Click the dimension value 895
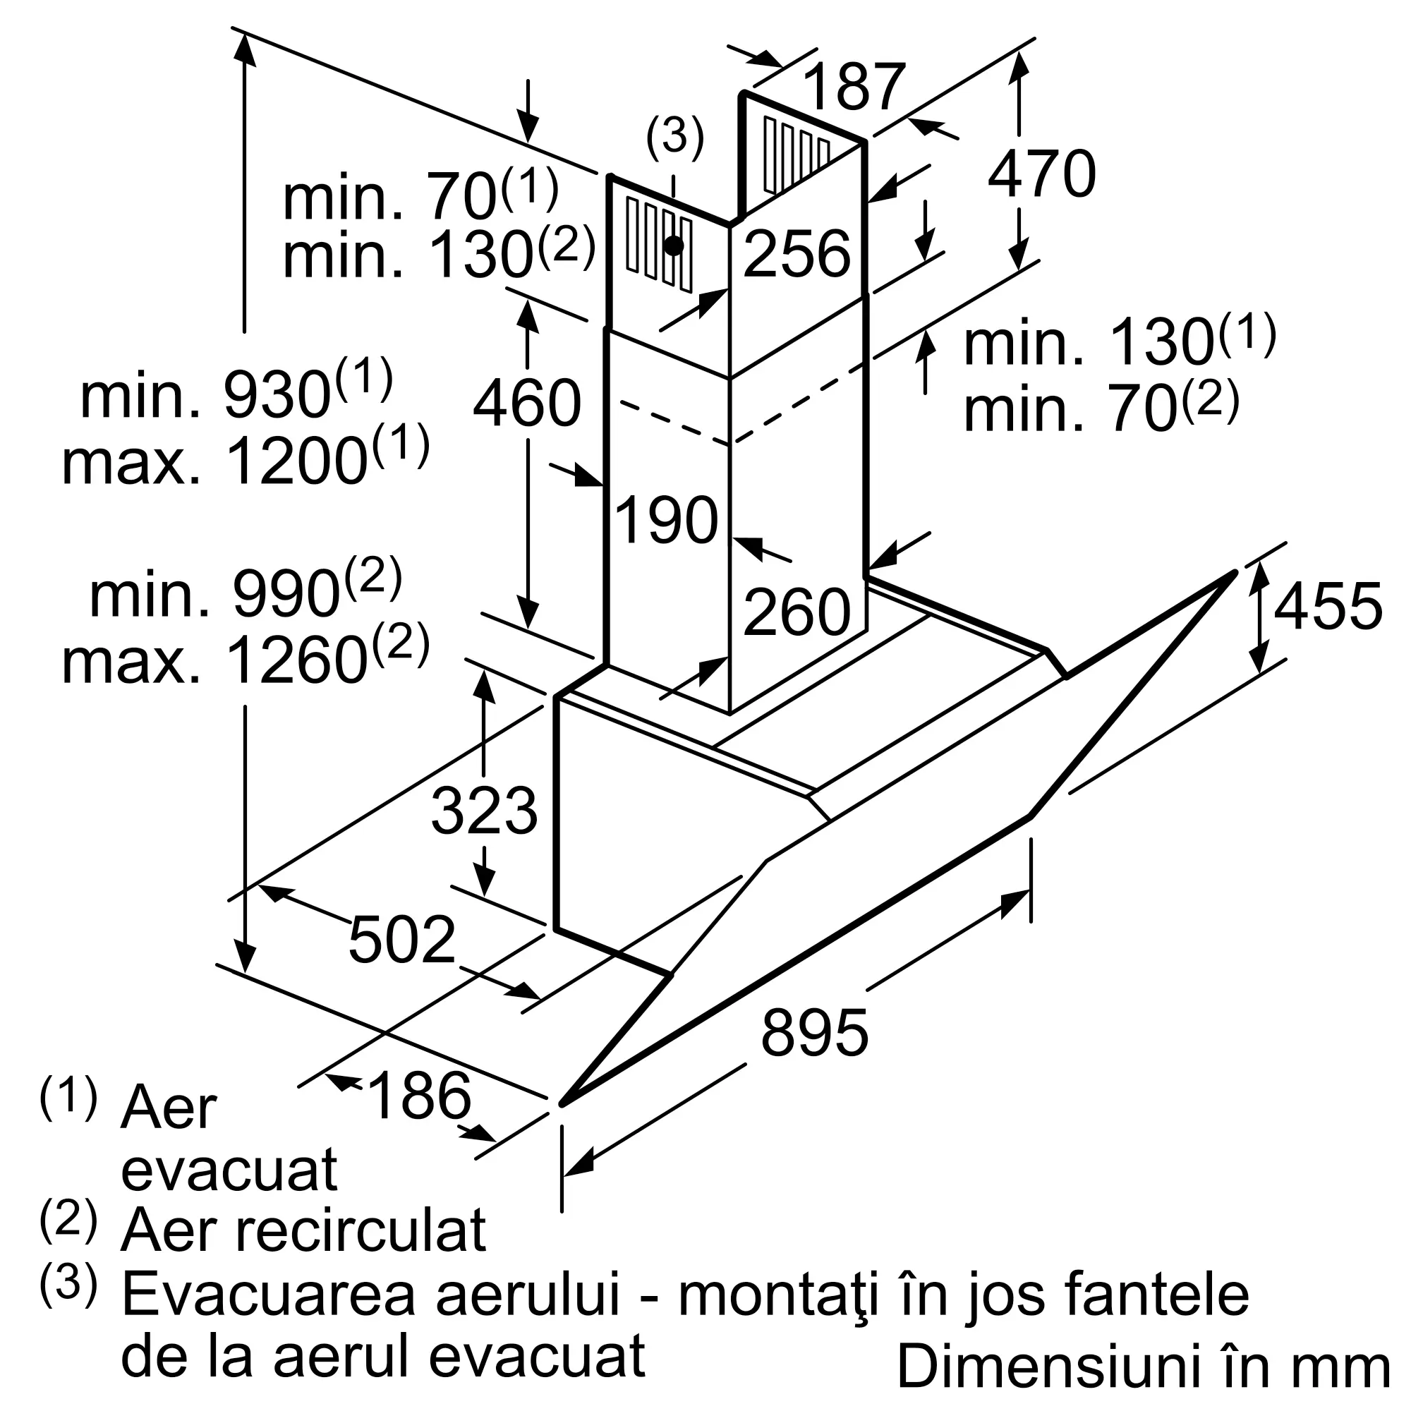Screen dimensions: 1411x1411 (814, 1032)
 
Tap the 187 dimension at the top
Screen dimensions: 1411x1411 (854, 86)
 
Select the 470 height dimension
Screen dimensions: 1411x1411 (1041, 174)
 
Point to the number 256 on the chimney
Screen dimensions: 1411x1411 (797, 254)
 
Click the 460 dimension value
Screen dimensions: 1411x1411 (526, 403)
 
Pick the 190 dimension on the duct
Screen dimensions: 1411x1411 (667, 520)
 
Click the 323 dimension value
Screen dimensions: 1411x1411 (484, 811)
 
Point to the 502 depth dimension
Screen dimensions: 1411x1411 (401, 939)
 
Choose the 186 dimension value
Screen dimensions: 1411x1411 (419, 1096)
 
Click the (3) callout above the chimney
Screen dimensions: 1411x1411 (674, 137)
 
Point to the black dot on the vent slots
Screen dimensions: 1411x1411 (673, 246)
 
